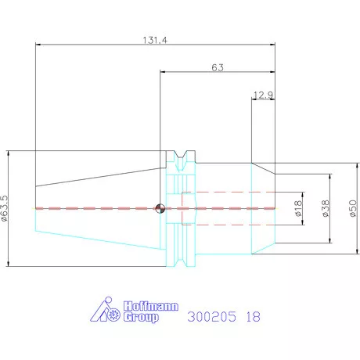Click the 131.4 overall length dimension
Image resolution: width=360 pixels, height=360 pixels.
[155, 40]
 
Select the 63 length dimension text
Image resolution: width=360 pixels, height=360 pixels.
[218, 67]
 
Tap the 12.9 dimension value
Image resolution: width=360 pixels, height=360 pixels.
[263, 95]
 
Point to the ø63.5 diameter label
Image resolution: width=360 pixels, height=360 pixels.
[5, 209]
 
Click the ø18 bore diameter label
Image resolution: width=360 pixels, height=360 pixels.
[298, 208]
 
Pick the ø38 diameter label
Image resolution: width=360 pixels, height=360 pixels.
[326, 208]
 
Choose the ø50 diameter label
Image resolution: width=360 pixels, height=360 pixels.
[353, 208]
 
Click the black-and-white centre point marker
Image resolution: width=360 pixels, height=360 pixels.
[160, 208]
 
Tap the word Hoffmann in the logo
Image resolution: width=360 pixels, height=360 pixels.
[151, 306]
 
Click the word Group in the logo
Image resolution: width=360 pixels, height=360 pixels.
[141, 317]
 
